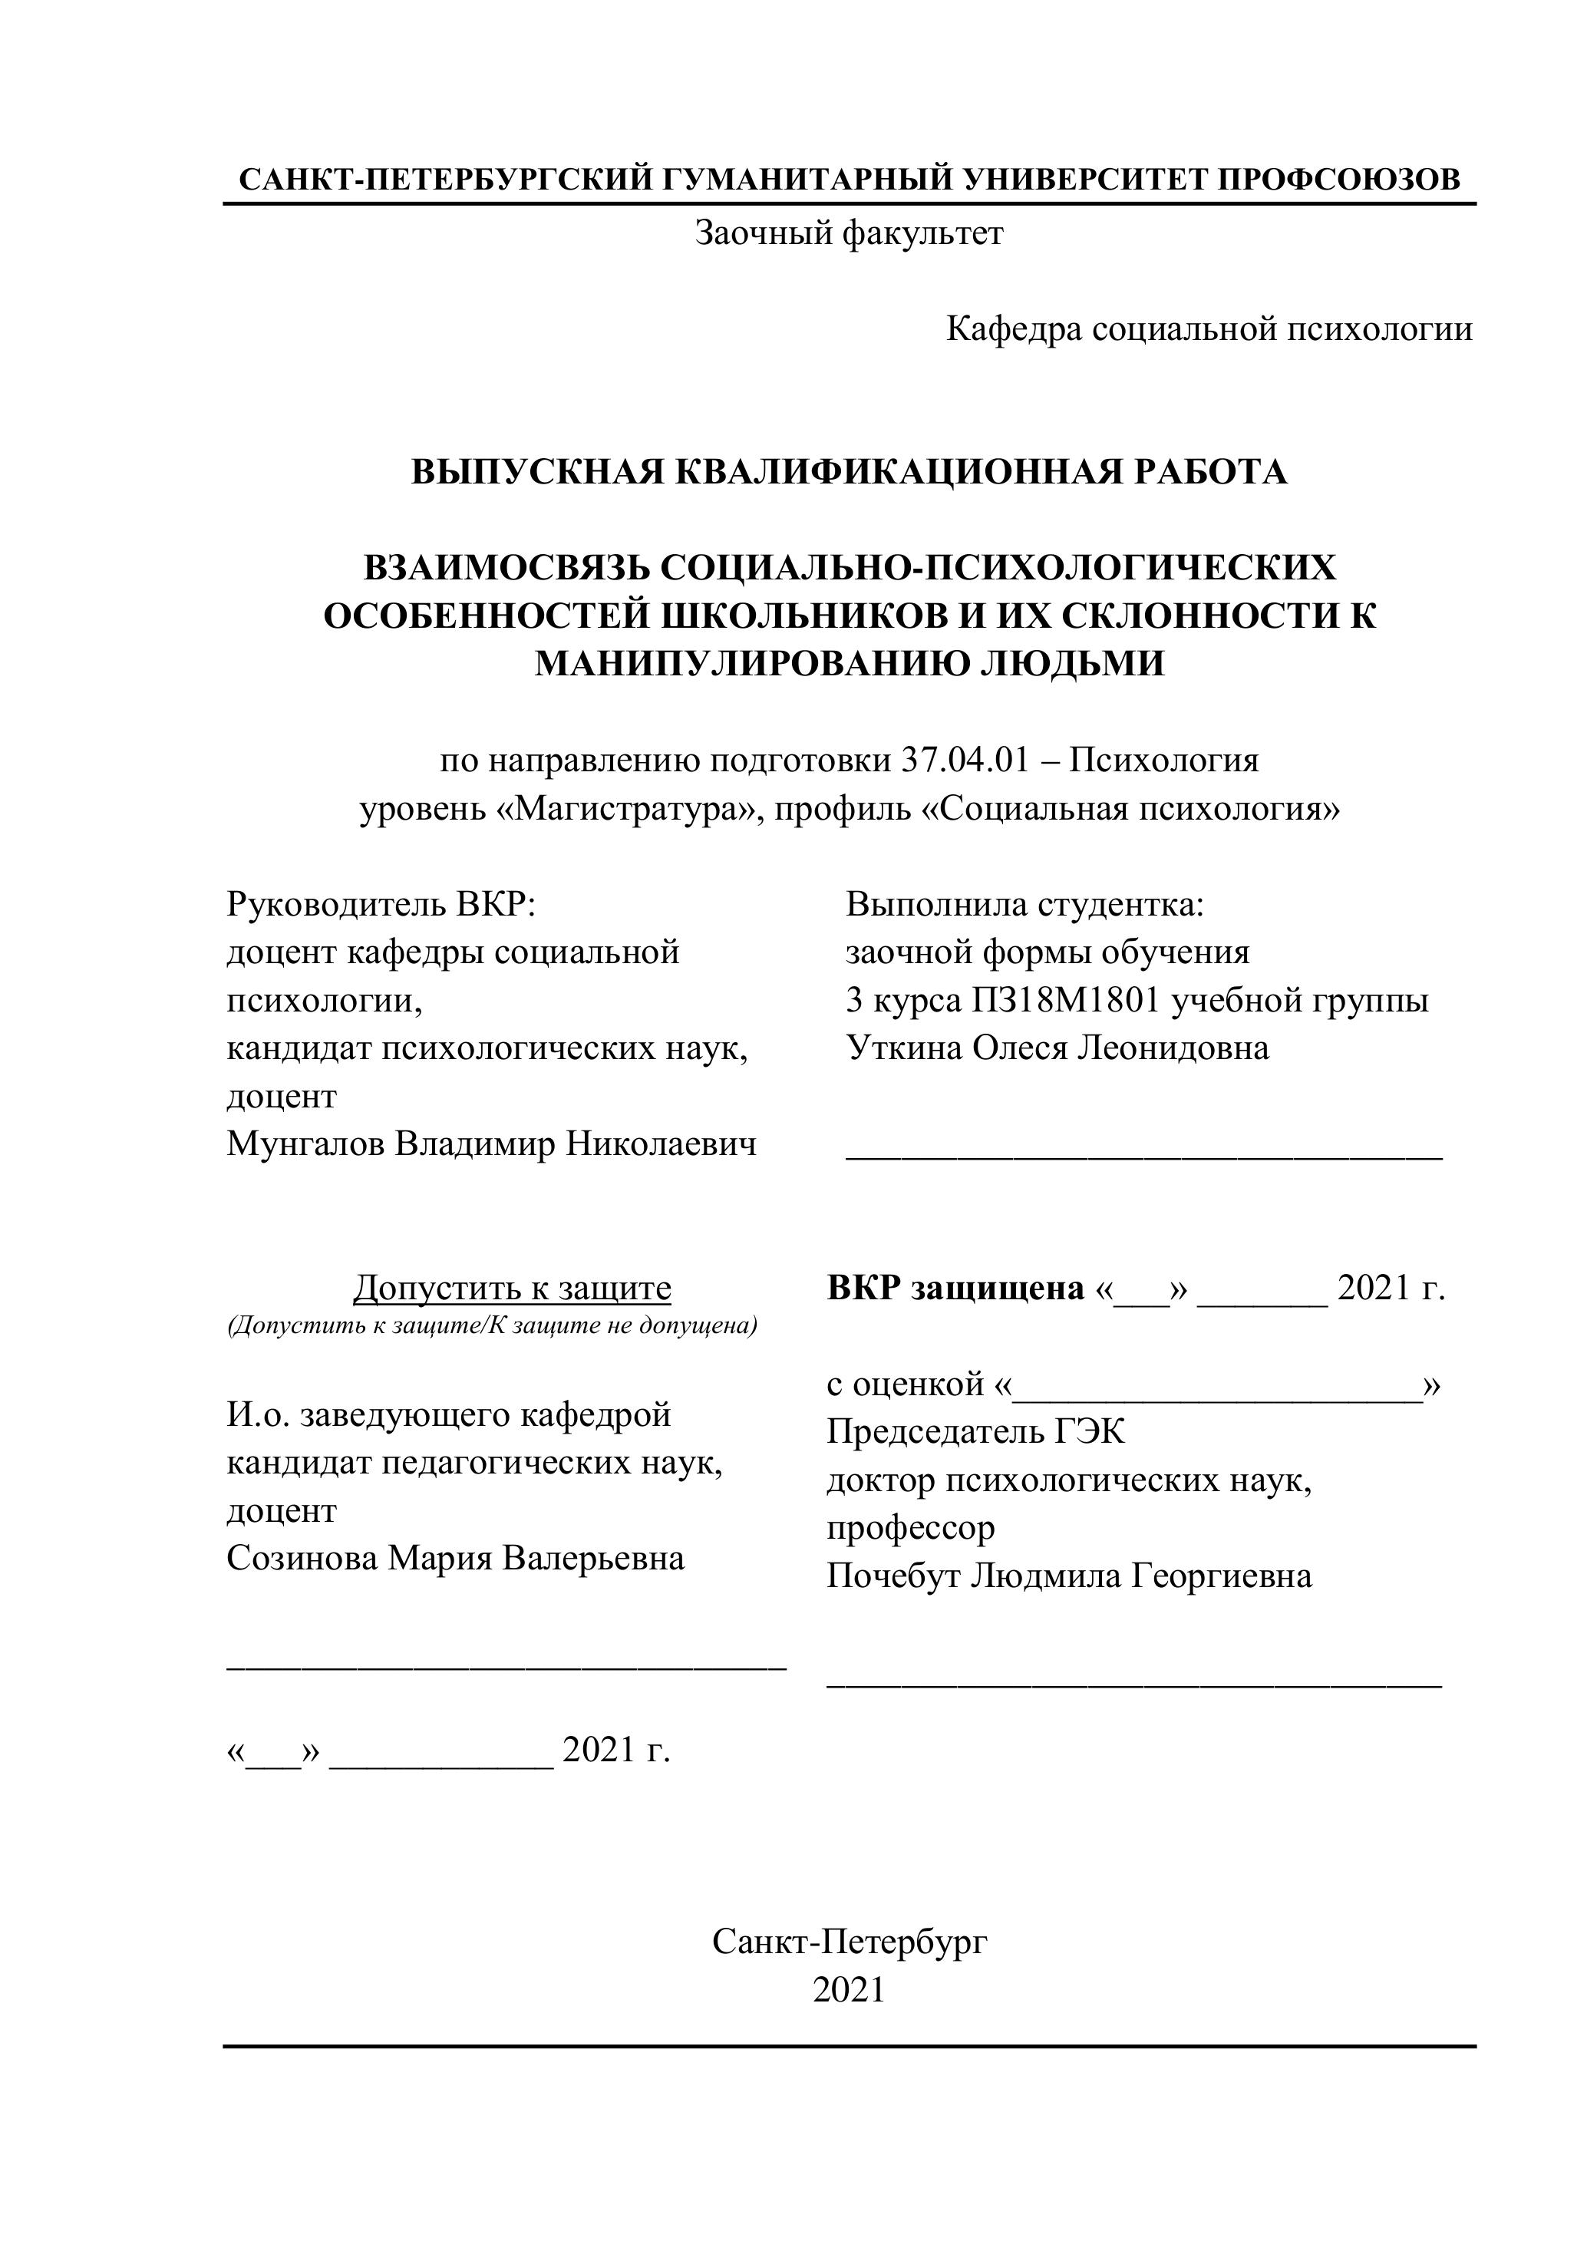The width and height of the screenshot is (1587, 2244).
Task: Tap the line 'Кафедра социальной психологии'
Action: point(1209,329)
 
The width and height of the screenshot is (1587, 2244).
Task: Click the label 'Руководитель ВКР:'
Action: point(382,904)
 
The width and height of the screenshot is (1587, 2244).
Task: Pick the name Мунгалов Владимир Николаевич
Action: point(492,1143)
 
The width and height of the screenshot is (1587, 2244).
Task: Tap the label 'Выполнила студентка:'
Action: point(1025,904)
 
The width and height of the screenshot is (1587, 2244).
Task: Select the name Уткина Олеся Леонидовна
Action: point(1057,1048)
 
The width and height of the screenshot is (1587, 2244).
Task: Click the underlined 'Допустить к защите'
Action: point(512,1288)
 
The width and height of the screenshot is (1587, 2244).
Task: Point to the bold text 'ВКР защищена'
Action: point(955,1288)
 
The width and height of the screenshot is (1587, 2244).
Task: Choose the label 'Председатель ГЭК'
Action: point(975,1432)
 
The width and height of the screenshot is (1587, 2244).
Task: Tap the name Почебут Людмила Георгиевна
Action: point(1069,1576)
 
